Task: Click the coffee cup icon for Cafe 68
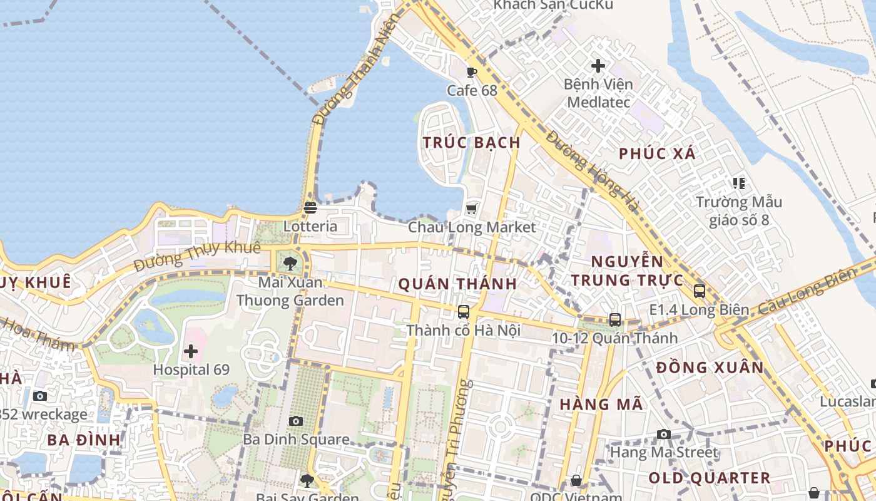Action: click(x=472, y=72)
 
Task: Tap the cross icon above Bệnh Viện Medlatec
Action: click(x=598, y=65)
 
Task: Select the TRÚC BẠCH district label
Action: click(x=472, y=143)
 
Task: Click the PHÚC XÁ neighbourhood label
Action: click(x=657, y=154)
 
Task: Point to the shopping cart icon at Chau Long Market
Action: click(x=472, y=209)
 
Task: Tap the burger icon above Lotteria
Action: click(x=310, y=207)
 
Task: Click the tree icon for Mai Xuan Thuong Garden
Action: click(x=289, y=264)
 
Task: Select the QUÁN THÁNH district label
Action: click(x=458, y=284)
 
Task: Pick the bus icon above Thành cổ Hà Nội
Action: click(x=464, y=312)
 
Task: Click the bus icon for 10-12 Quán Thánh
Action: click(x=615, y=320)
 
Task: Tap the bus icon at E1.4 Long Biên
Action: click(x=700, y=291)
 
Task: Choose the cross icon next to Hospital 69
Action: click(x=191, y=351)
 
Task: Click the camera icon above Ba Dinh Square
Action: click(x=296, y=421)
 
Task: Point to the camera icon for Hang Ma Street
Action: click(x=664, y=434)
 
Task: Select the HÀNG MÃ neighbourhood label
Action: click(x=601, y=405)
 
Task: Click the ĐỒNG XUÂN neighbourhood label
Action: click(x=710, y=368)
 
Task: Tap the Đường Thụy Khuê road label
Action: click(x=197, y=256)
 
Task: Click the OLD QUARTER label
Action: click(x=709, y=478)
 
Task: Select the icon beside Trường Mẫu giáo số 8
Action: click(x=739, y=183)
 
